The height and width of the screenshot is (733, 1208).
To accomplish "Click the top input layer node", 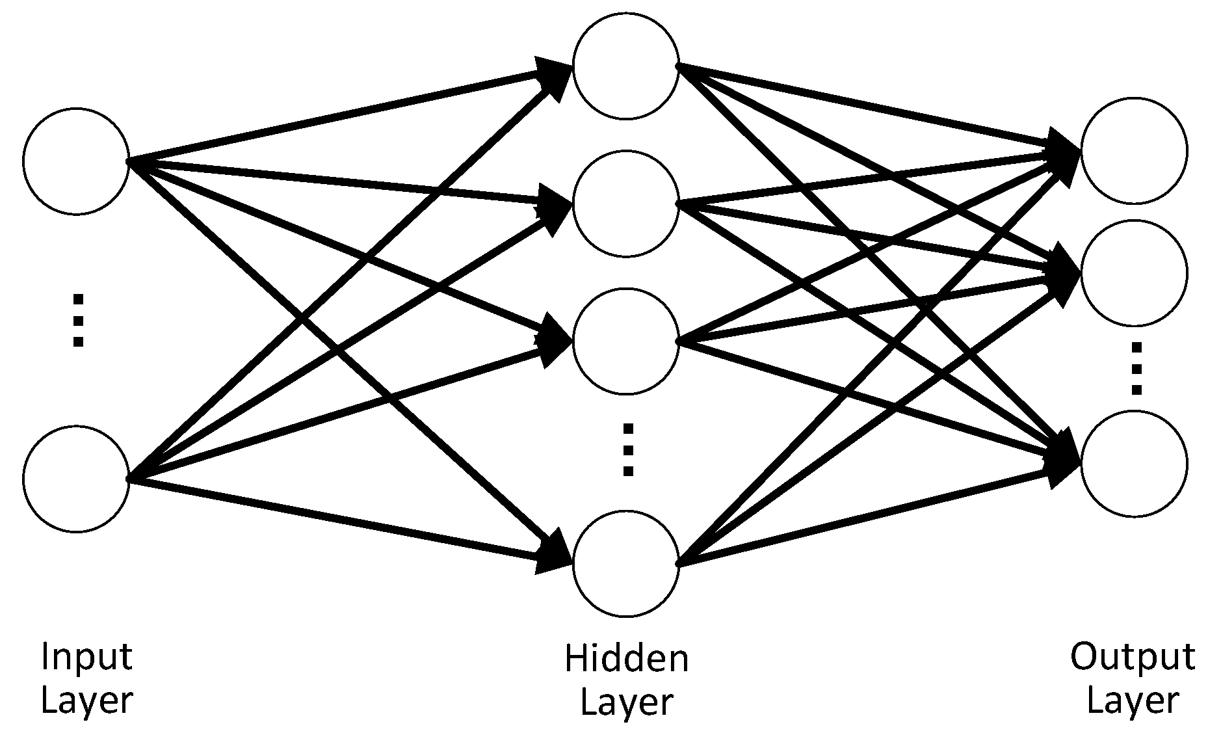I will [76, 161].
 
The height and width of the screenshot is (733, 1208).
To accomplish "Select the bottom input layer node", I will [76, 479].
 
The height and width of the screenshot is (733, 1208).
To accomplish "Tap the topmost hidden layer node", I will [625, 66].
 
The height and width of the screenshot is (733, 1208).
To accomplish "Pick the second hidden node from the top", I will [625, 204].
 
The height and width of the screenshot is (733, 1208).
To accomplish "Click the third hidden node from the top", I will [625, 341].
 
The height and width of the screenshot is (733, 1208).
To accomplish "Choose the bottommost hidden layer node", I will [625, 563].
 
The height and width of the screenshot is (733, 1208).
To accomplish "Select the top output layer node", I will [1134, 151].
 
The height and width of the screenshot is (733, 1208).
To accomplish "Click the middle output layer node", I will [1134, 273].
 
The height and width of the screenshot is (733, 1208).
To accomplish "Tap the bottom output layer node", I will [1134, 463].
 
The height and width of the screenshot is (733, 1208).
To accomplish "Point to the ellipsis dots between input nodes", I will [78, 320].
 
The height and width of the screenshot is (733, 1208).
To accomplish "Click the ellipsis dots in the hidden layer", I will [628, 449].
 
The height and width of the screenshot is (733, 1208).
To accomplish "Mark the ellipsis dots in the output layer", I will [1136, 369].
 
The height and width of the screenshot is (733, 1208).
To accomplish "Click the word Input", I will [86, 657].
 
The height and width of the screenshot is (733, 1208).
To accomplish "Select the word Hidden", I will [626, 658].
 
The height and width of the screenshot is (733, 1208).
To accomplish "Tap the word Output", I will [1133, 657].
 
